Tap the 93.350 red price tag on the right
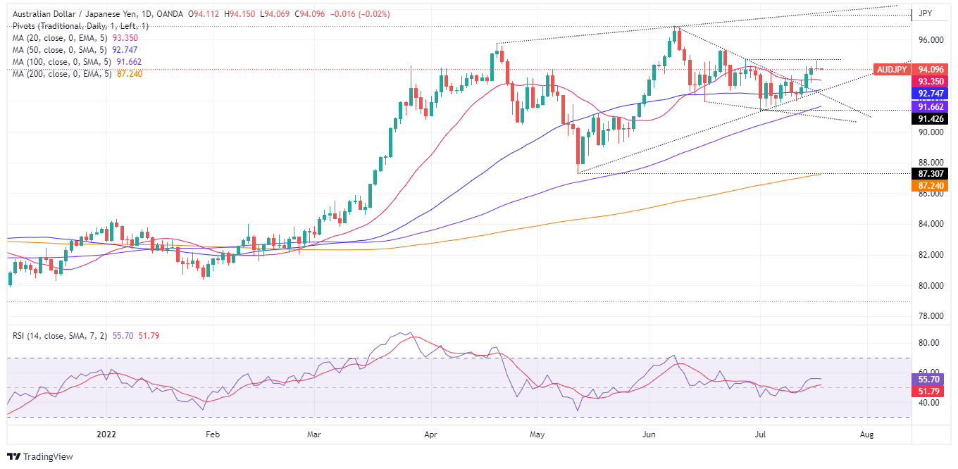(x=931, y=82)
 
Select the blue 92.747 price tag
(x=931, y=93)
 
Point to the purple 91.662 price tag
(x=931, y=106)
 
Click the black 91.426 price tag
(x=931, y=119)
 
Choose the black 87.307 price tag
(x=931, y=173)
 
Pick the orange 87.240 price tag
(x=931, y=185)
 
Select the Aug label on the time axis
(x=867, y=435)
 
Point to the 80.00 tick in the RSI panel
(x=928, y=343)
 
